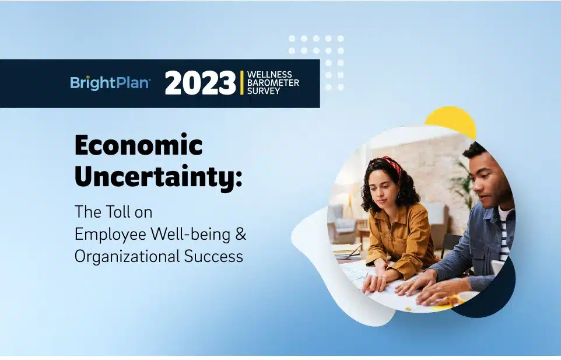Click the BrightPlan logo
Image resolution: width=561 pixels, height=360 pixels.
[x=110, y=83]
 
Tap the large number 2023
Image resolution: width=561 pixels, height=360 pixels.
[x=200, y=83]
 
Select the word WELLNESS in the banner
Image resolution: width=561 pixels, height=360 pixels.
[x=269, y=75]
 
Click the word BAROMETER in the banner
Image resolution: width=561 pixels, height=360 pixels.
[x=273, y=83]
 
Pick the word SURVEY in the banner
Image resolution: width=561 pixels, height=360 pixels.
[x=264, y=91]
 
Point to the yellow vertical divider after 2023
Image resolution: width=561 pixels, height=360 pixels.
[x=242, y=83]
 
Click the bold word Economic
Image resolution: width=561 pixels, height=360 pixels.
[x=138, y=145]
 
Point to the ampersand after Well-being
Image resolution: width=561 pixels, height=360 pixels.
[x=241, y=235]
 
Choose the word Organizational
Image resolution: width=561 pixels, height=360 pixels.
[x=127, y=257]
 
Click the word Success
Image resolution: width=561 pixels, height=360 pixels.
[x=213, y=257]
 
